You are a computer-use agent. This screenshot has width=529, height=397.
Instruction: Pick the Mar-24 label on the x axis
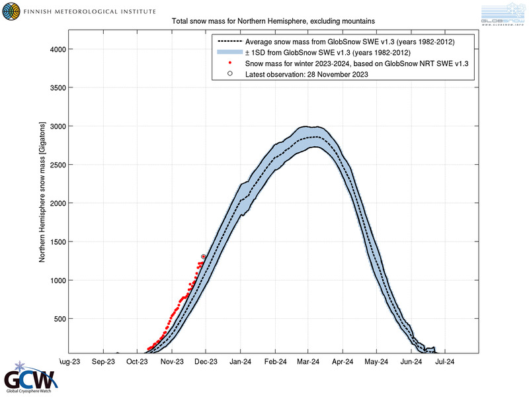pyautogui.click(x=308, y=362)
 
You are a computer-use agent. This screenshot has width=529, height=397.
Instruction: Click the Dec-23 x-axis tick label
pyautogui.click(x=206, y=362)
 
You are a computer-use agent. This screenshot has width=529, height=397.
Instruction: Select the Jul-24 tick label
pyautogui.click(x=444, y=362)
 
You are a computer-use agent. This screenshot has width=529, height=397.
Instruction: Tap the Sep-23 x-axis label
pyautogui.click(x=103, y=362)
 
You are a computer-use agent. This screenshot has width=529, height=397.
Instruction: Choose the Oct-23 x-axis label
pyautogui.click(x=138, y=362)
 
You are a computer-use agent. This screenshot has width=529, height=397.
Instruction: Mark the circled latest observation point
pyautogui.click(x=203, y=257)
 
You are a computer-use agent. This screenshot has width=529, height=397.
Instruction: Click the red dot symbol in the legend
pyautogui.click(x=229, y=64)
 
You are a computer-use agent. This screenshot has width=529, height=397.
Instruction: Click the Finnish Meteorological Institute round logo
pyautogui.click(x=11, y=12)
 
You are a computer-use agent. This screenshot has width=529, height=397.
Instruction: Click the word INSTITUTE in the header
pyautogui.click(x=128, y=12)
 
